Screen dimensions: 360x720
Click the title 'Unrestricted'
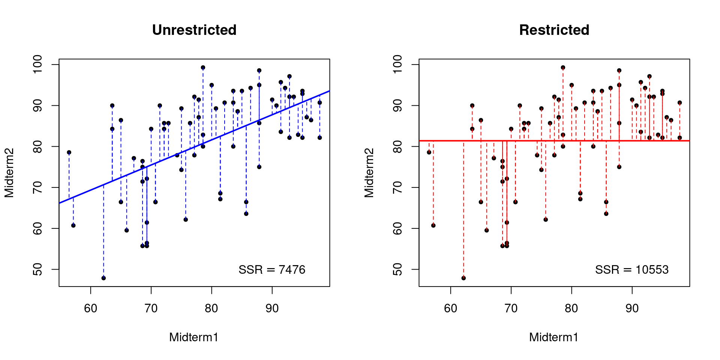(194, 30)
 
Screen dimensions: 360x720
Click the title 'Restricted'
(554, 30)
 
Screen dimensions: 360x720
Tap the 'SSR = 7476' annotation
(272, 270)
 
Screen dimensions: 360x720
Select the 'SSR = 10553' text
(631, 270)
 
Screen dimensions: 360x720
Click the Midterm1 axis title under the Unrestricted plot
(193, 337)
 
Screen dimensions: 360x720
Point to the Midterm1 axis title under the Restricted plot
(553, 337)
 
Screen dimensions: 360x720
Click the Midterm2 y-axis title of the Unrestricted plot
(9, 173)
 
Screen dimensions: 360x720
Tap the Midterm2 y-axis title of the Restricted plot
(369, 173)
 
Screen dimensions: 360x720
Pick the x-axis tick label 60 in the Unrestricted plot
(90, 308)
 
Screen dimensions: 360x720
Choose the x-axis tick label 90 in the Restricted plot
(632, 308)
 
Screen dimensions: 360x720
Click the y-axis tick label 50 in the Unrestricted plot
(38, 269)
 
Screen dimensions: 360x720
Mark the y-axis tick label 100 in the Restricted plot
(398, 64)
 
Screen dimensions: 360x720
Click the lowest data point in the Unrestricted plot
(103, 278)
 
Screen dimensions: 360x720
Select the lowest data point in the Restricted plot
(463, 278)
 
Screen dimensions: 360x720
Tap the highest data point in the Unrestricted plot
(203, 67)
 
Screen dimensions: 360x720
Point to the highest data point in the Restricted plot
(563, 67)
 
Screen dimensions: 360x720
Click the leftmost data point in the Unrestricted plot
(69, 152)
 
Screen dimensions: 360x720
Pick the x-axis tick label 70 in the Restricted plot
(511, 308)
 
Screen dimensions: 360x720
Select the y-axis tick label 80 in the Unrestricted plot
(38, 146)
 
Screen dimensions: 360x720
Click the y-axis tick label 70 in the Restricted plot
(398, 187)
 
